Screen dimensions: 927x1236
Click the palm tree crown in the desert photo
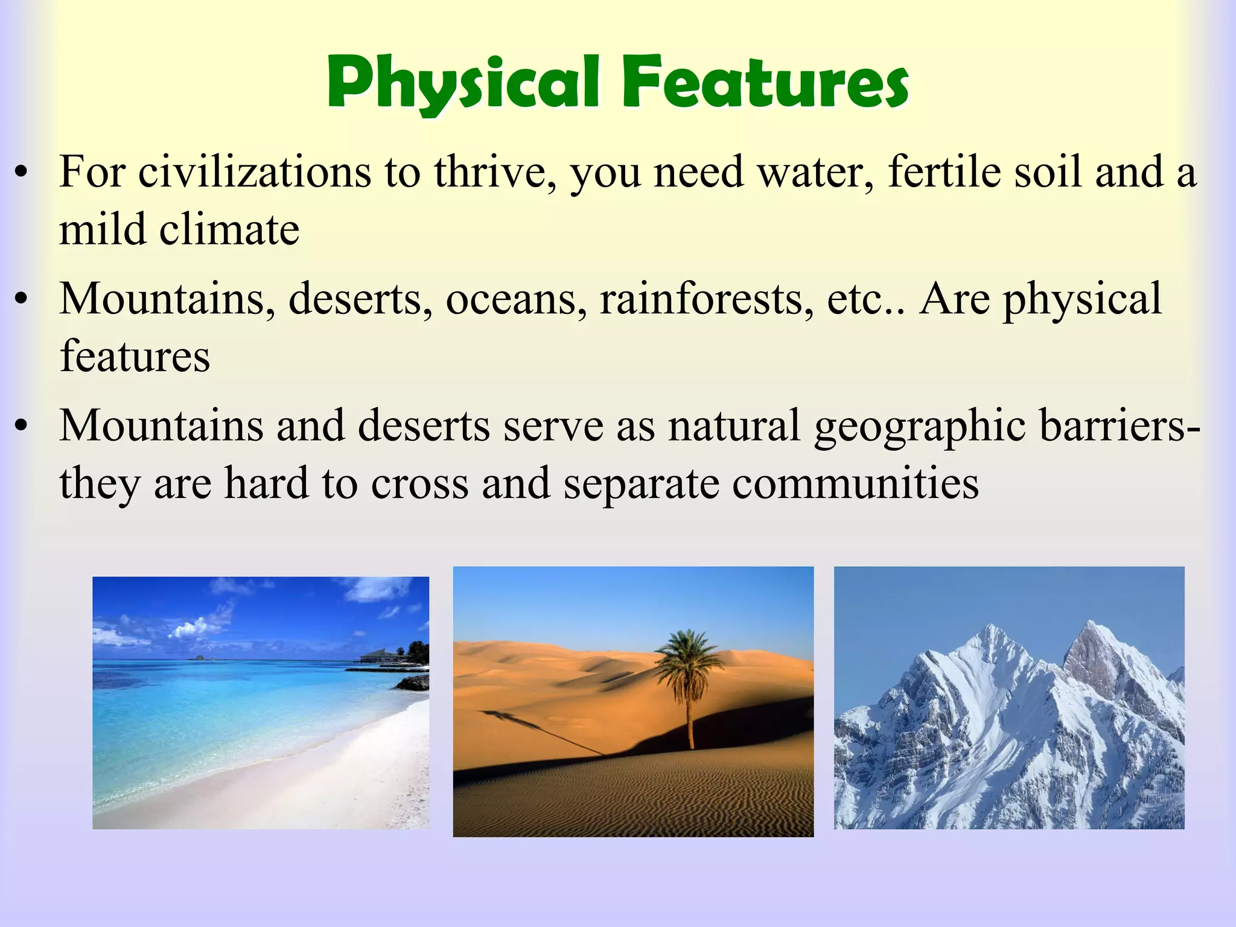tap(688, 658)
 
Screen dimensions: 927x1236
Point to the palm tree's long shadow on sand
tap(543, 733)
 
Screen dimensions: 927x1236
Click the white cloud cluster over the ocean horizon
tap(193, 628)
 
